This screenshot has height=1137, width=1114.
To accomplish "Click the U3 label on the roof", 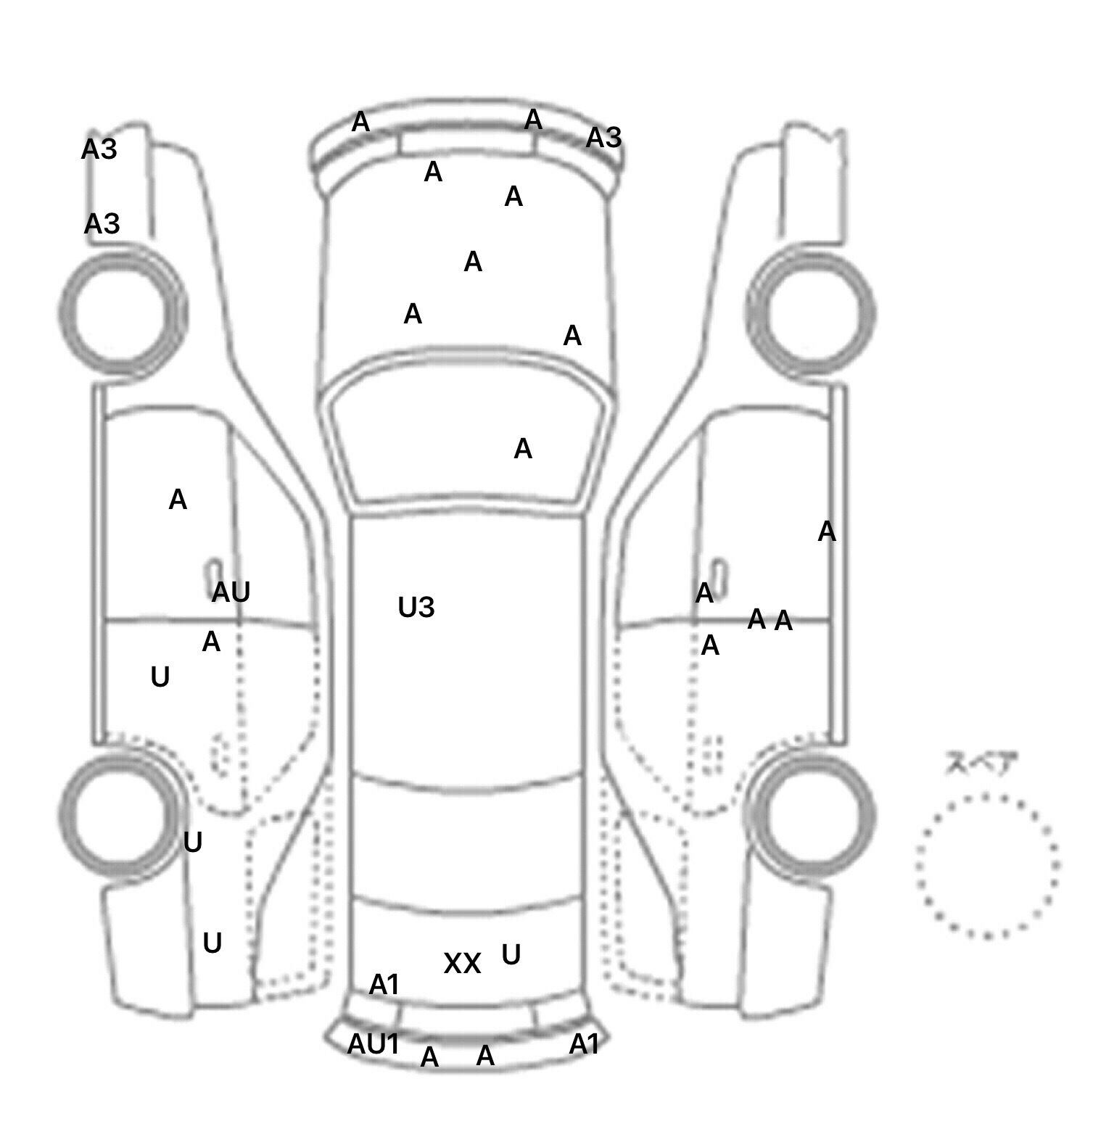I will (x=416, y=608).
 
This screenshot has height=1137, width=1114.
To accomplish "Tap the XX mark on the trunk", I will (x=462, y=964).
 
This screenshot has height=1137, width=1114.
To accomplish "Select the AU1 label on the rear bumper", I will (x=374, y=1044).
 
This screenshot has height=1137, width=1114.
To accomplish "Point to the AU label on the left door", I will (x=231, y=592).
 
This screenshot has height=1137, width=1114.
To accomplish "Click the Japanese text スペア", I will (x=981, y=764).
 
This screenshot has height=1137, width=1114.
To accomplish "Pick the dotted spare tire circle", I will (x=987, y=866).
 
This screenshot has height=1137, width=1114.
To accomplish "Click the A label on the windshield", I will (x=523, y=450).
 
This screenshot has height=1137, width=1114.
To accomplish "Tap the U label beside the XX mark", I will (x=511, y=955).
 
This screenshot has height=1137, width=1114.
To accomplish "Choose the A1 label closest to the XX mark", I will (x=384, y=985).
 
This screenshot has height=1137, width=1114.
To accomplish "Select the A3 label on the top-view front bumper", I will (x=603, y=137).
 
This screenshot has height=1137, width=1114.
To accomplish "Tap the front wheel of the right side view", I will (x=811, y=313).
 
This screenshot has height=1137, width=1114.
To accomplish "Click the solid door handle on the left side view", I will (x=215, y=571).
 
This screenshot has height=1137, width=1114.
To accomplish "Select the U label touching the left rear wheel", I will (x=192, y=843).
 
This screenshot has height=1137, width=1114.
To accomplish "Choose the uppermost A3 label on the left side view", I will (x=99, y=149).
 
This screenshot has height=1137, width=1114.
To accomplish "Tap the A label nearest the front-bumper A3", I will (x=533, y=120).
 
